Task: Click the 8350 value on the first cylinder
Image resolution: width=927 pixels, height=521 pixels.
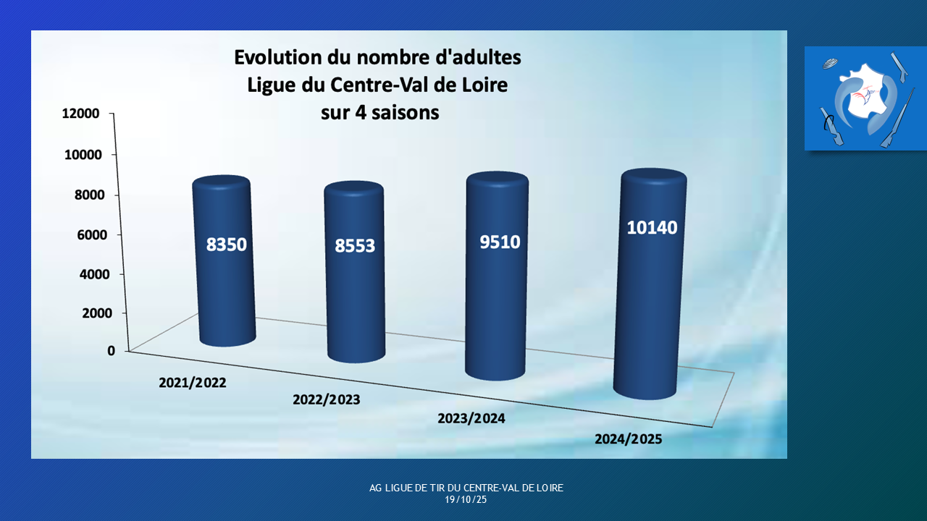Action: click(227, 245)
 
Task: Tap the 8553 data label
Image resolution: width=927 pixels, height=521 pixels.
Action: click(355, 246)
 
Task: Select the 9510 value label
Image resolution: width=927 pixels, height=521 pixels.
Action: click(500, 242)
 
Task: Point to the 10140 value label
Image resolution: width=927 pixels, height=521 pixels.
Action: click(653, 227)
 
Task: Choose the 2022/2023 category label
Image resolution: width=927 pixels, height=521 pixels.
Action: click(326, 399)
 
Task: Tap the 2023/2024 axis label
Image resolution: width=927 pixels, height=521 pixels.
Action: click(471, 418)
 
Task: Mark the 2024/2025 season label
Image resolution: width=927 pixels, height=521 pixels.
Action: click(628, 439)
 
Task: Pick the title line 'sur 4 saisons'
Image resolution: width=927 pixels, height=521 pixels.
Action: click(379, 112)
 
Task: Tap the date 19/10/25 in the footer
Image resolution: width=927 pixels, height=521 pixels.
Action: click(466, 499)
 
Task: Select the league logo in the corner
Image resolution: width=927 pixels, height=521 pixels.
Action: click(865, 98)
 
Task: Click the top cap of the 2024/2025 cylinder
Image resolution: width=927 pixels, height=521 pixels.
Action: click(654, 179)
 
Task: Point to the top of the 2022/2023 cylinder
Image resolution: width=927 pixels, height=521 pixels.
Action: click(354, 190)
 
